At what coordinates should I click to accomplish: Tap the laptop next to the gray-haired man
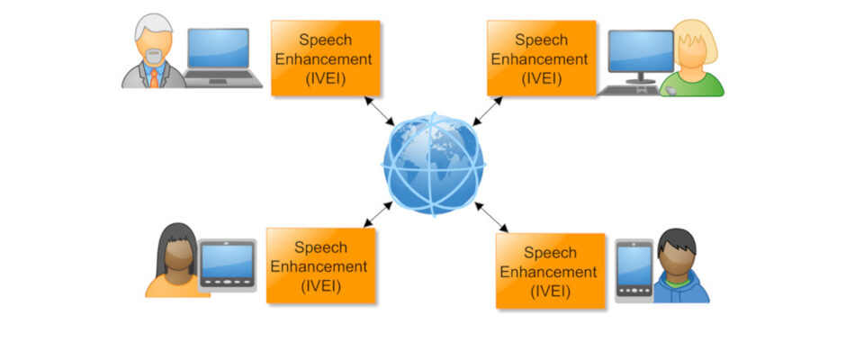point(218,56)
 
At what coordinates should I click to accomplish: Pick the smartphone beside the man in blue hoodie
point(634,269)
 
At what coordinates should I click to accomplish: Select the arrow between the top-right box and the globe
point(487,111)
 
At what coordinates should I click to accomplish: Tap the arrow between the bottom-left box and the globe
point(377,214)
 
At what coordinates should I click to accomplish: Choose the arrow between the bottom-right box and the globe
point(492,217)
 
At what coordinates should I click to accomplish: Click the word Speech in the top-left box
point(325,40)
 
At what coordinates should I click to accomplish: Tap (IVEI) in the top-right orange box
point(541,77)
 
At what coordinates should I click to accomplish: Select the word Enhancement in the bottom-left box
point(319,266)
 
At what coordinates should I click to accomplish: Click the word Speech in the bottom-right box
point(549,253)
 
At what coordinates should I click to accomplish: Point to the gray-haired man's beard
point(154,57)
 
